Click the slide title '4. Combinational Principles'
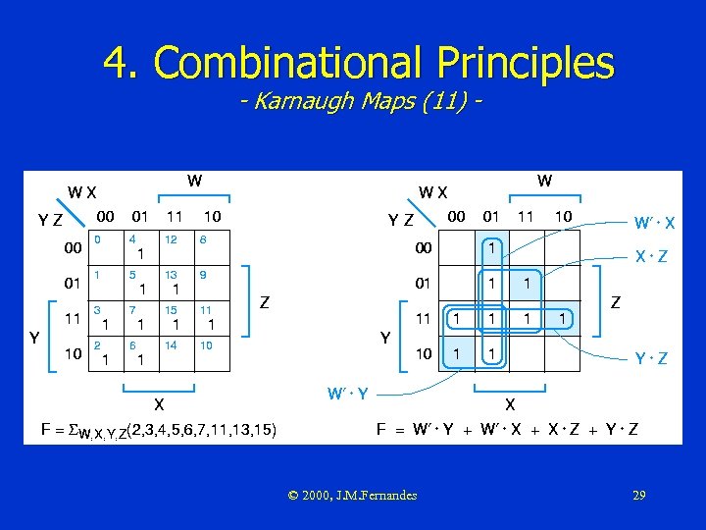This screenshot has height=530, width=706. coord(359,63)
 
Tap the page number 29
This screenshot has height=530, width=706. coord(638,495)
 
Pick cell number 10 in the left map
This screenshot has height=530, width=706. coord(207,354)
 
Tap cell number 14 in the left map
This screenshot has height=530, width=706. coord(174,354)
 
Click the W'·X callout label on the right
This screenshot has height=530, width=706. coord(653,224)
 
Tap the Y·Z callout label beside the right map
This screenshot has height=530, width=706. coord(651,359)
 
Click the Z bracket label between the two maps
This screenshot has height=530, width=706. coord(265,303)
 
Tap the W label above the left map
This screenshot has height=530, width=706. coord(194,181)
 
